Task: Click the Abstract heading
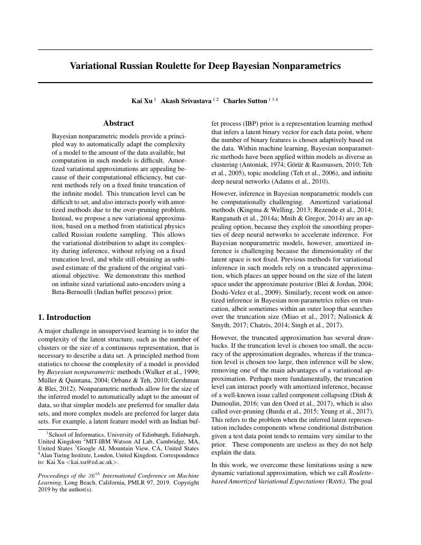coord(118,123)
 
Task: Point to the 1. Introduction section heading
coord(65,317)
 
